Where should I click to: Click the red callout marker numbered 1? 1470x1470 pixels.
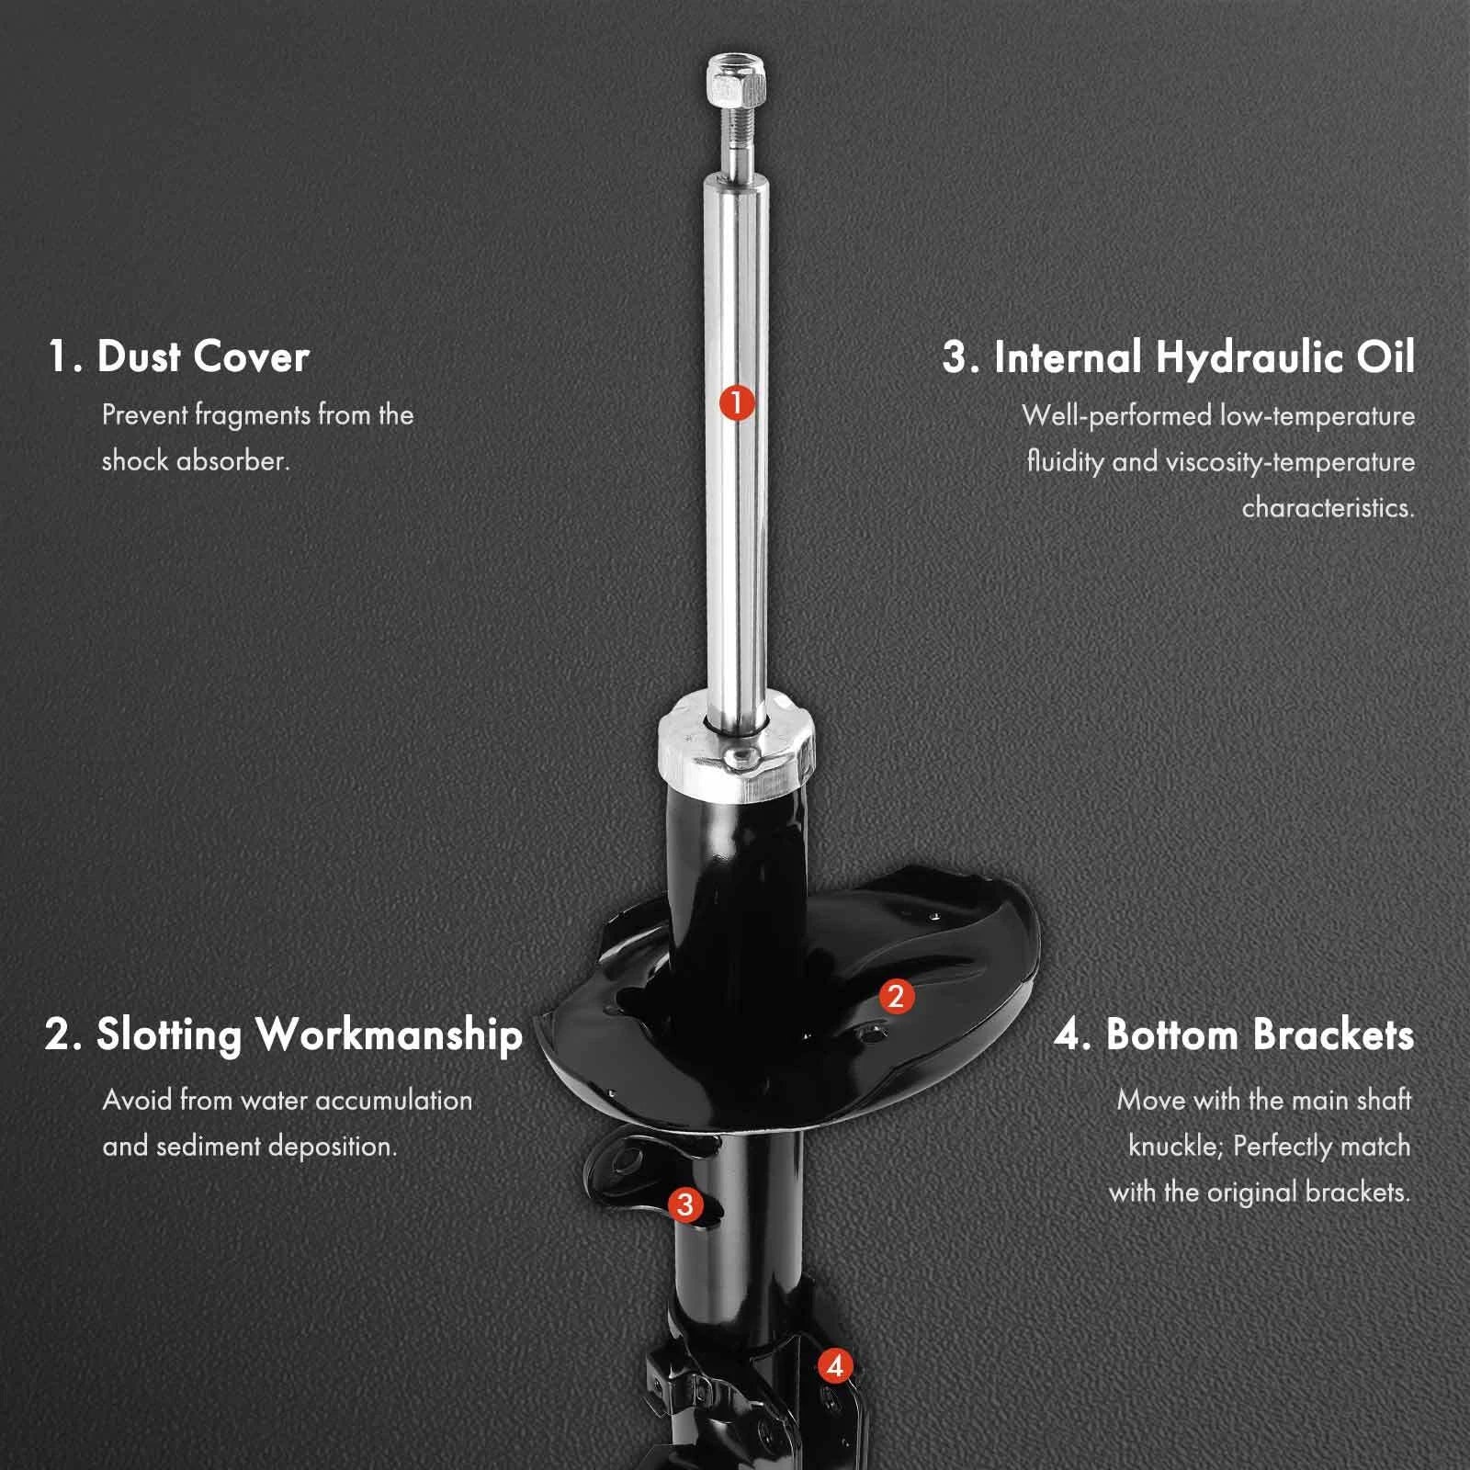(737, 402)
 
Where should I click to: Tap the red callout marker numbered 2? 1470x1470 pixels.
(896, 996)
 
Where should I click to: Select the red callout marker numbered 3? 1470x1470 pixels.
(685, 1204)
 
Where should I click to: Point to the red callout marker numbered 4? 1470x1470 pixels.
(834, 1366)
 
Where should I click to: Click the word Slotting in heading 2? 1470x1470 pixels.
(169, 1035)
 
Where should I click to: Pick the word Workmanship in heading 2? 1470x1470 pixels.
(390, 1035)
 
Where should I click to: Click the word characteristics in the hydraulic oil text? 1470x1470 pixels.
(1329, 507)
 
